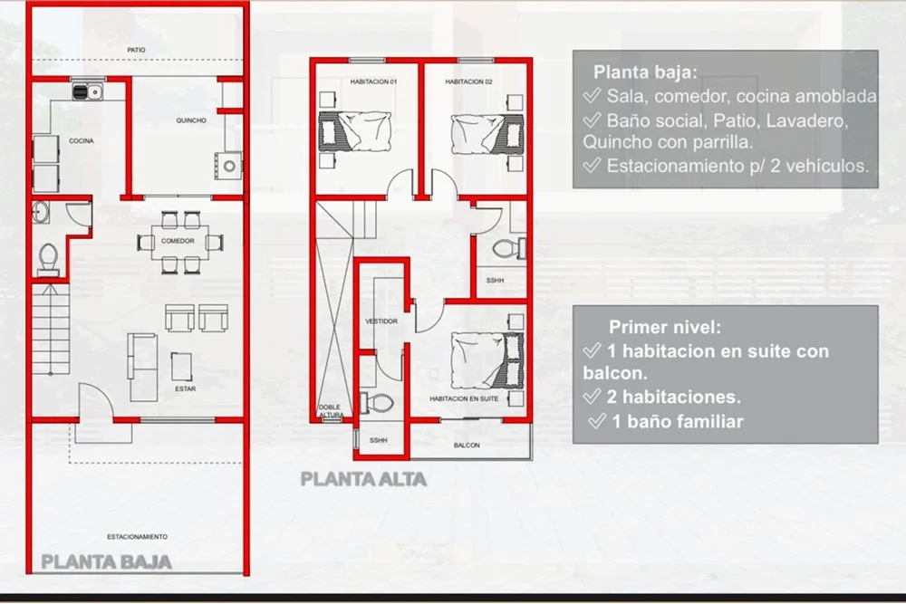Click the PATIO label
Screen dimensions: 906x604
(137, 50)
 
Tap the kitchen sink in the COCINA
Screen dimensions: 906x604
(87, 91)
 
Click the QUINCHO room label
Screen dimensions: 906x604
(191, 120)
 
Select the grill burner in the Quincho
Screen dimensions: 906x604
(229, 167)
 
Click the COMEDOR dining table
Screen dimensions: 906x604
(178, 242)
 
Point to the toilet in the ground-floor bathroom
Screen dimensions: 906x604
(47, 259)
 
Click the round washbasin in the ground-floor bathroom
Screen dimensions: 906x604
(41, 212)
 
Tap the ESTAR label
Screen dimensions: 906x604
(186, 389)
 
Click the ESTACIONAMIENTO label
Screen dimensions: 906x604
(137, 537)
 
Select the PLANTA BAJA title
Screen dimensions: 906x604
(106, 561)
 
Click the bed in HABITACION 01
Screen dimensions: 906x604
(355, 131)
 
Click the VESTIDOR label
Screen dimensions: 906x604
(381, 321)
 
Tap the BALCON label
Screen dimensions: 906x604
(467, 446)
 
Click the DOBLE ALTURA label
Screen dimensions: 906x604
(331, 410)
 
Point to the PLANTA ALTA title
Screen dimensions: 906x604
(363, 479)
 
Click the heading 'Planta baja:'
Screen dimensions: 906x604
(645, 72)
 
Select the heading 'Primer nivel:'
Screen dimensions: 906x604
(665, 328)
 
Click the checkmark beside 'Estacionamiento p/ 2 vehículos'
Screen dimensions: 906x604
(592, 166)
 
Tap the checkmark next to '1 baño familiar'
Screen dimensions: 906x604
(597, 421)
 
